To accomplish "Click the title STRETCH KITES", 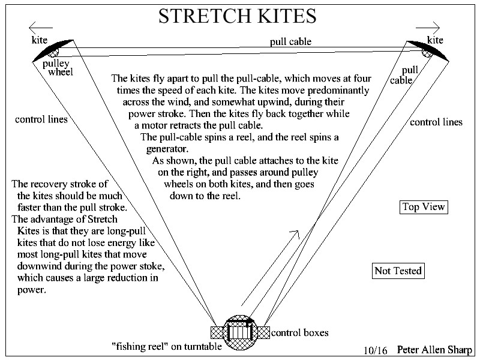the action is click(x=237, y=16).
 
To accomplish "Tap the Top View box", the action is click(x=424, y=207).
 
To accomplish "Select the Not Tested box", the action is click(x=398, y=271).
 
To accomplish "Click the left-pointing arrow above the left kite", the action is click(x=41, y=28).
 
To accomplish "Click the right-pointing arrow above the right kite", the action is click(x=428, y=28).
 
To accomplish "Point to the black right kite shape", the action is click(x=428, y=50).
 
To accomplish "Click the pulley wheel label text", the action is click(x=58, y=68).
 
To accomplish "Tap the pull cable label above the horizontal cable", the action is click(x=290, y=42).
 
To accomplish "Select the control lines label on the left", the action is click(x=41, y=119).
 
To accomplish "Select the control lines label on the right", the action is click(x=436, y=122).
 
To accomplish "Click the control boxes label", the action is click(x=299, y=333).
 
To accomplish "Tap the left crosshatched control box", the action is click(x=217, y=332).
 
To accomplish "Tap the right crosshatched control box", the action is click(x=263, y=332).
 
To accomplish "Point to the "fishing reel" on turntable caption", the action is click(x=167, y=346).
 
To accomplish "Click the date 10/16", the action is click(x=376, y=350).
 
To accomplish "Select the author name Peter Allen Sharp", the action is click(x=434, y=350).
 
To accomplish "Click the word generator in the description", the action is click(x=167, y=149).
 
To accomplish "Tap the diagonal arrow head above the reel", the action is click(x=295, y=233).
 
